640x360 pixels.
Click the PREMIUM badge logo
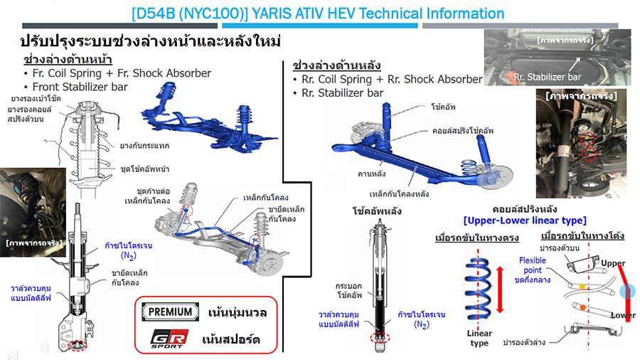pyautogui.click(x=169, y=312)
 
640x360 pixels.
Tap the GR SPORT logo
pyautogui.click(x=165, y=338)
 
